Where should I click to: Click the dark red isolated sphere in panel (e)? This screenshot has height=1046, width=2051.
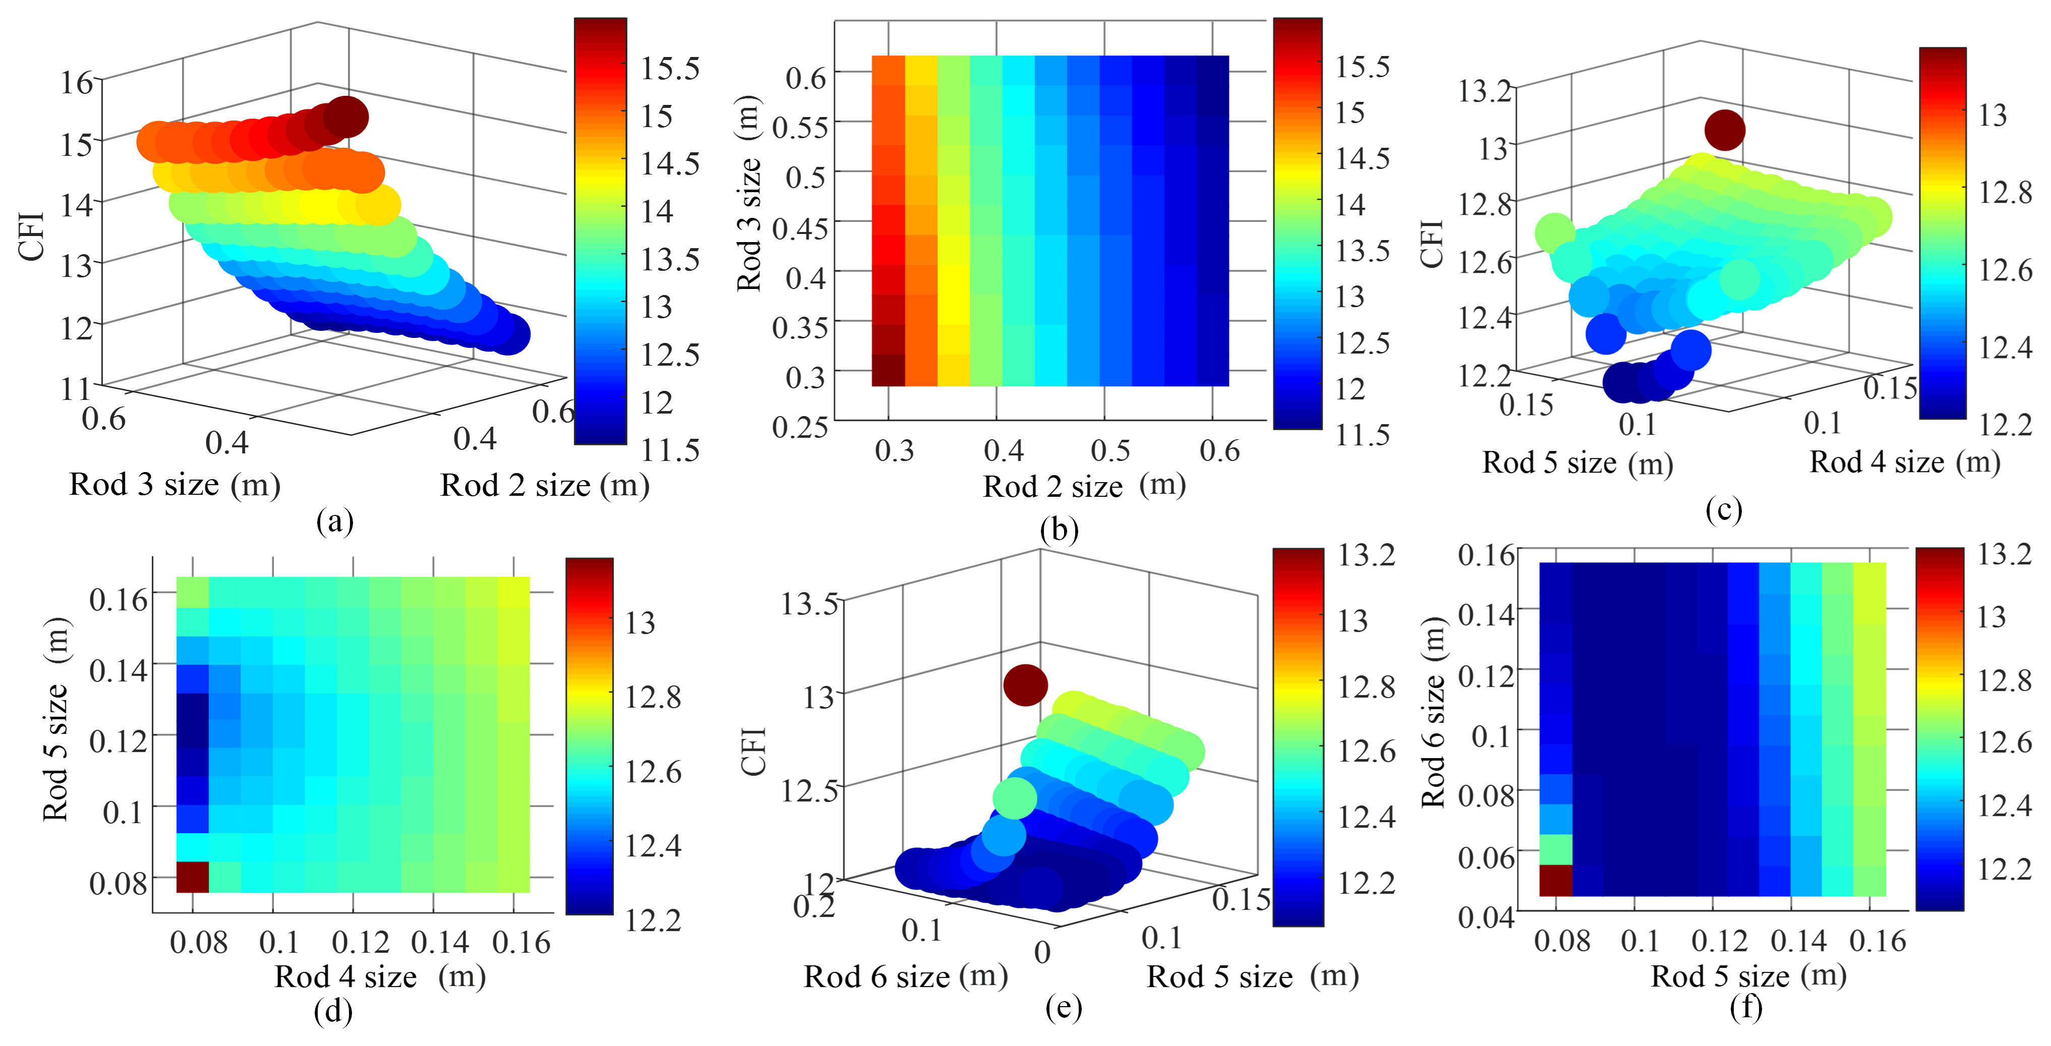pyautogui.click(x=1025, y=684)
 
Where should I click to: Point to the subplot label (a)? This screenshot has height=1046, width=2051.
pyautogui.click(x=334, y=521)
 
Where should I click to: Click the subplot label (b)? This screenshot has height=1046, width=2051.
pyautogui.click(x=1059, y=530)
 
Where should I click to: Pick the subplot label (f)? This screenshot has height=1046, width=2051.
pyautogui.click(x=1746, y=1007)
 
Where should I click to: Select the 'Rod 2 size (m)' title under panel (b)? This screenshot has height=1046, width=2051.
pyautogui.click(x=1084, y=486)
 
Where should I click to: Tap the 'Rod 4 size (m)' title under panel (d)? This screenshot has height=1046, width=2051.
pyautogui.click(x=380, y=976)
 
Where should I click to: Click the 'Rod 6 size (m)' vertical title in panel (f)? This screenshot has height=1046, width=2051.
pyautogui.click(x=1433, y=713)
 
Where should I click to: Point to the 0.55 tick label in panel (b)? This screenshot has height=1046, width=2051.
pyautogui.click(x=799, y=128)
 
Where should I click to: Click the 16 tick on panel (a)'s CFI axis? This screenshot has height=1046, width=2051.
pyautogui.click(x=77, y=82)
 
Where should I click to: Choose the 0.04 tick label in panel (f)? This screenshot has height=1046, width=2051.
pyautogui.click(x=1485, y=917)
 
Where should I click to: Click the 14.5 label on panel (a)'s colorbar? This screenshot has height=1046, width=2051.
pyautogui.click(x=670, y=164)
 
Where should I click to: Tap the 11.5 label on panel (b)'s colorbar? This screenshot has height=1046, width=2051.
pyautogui.click(x=1362, y=435)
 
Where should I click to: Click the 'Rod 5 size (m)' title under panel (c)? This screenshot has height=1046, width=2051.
pyautogui.click(x=1577, y=462)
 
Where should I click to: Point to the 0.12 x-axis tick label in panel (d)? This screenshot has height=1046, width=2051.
pyautogui.click(x=361, y=943)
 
